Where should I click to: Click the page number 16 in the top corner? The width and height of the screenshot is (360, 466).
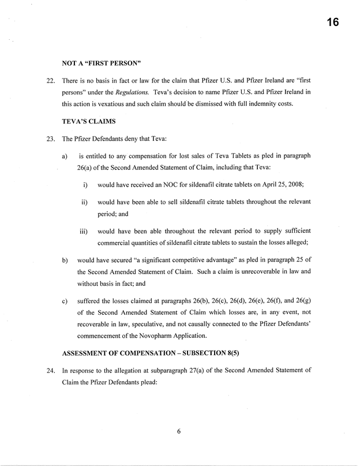pos(331,23)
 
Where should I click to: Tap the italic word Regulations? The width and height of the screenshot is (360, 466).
pos(132,91)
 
